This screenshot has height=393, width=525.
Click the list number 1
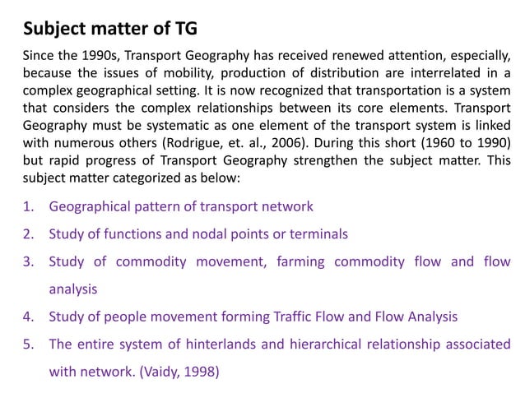pyautogui.click(x=27, y=206)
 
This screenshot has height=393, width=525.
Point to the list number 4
pyautogui.click(x=27, y=316)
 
